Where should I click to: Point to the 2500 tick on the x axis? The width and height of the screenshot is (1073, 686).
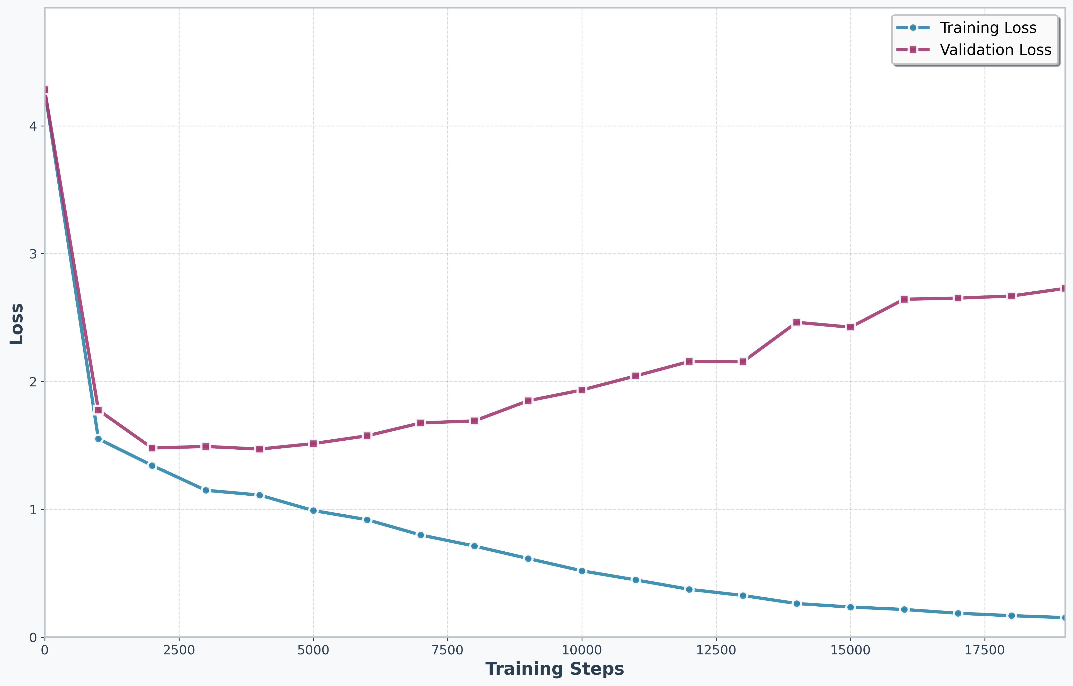click(179, 650)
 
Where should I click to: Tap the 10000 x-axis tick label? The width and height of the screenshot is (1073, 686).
click(582, 650)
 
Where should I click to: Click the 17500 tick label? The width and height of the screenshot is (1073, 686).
click(985, 650)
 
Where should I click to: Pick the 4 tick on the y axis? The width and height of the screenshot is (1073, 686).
click(33, 126)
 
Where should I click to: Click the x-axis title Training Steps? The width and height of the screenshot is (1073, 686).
click(554, 669)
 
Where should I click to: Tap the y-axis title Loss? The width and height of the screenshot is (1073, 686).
click(17, 324)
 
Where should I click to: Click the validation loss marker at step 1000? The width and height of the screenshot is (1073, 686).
click(98, 410)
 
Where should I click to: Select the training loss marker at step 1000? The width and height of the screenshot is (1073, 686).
click(98, 439)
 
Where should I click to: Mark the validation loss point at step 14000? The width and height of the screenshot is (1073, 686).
click(796, 322)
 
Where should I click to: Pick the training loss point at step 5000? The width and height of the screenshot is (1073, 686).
click(313, 511)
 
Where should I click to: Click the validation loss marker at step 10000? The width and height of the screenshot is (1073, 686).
click(582, 390)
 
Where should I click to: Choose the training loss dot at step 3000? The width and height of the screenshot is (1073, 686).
click(206, 490)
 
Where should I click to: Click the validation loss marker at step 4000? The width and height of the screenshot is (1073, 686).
click(260, 449)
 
